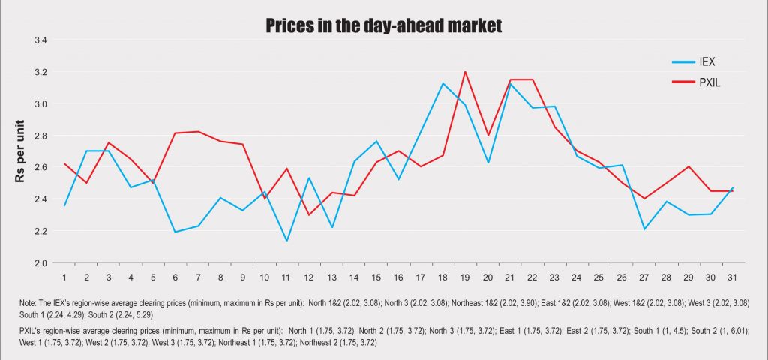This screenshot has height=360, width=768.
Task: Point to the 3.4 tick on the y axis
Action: [x=41, y=40]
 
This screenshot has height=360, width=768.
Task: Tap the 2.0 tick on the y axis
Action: [x=41, y=263]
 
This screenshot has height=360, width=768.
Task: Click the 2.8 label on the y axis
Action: [x=41, y=136]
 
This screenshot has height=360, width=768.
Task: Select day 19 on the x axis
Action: [x=465, y=277]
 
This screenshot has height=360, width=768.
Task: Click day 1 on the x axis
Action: [x=65, y=277]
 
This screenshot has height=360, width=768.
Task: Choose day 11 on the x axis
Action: [x=286, y=277]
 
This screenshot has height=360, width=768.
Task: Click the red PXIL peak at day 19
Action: [x=465, y=72]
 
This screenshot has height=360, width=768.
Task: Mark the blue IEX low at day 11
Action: [x=286, y=241]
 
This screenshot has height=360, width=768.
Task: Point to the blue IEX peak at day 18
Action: [x=442, y=83]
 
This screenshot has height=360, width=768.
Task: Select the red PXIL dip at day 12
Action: [x=309, y=215]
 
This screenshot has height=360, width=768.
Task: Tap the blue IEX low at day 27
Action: [x=643, y=229]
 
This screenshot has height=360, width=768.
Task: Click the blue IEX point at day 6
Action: [x=175, y=232]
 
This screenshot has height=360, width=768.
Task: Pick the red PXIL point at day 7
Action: [x=198, y=131]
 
